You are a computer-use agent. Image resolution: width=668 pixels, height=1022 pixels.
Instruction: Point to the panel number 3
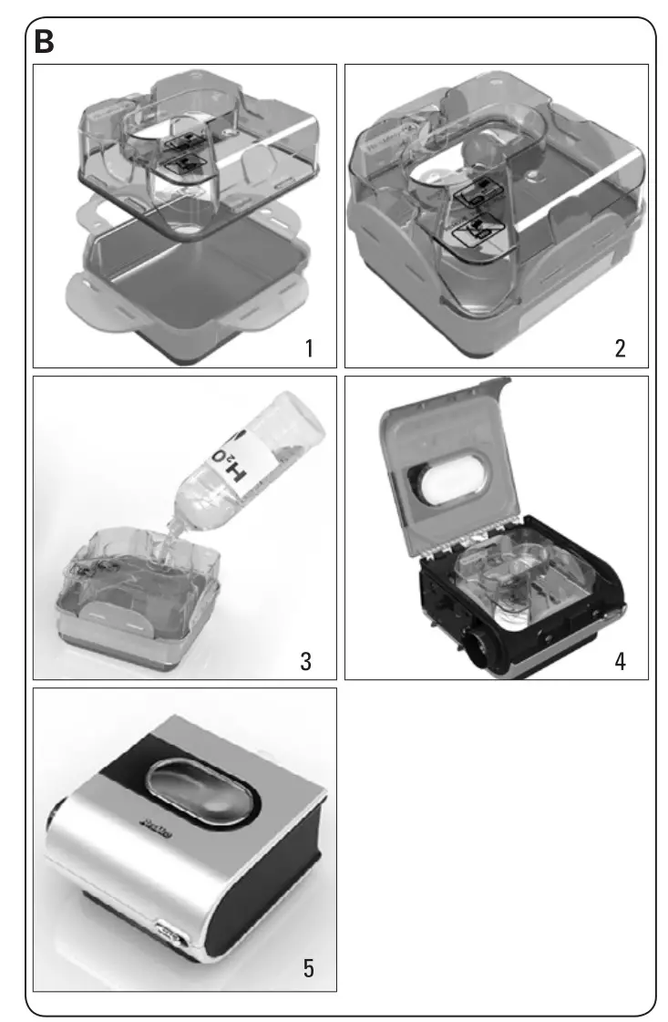pyautogui.click(x=308, y=661)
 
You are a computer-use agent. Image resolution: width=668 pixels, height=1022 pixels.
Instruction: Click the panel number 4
pyautogui.click(x=620, y=661)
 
